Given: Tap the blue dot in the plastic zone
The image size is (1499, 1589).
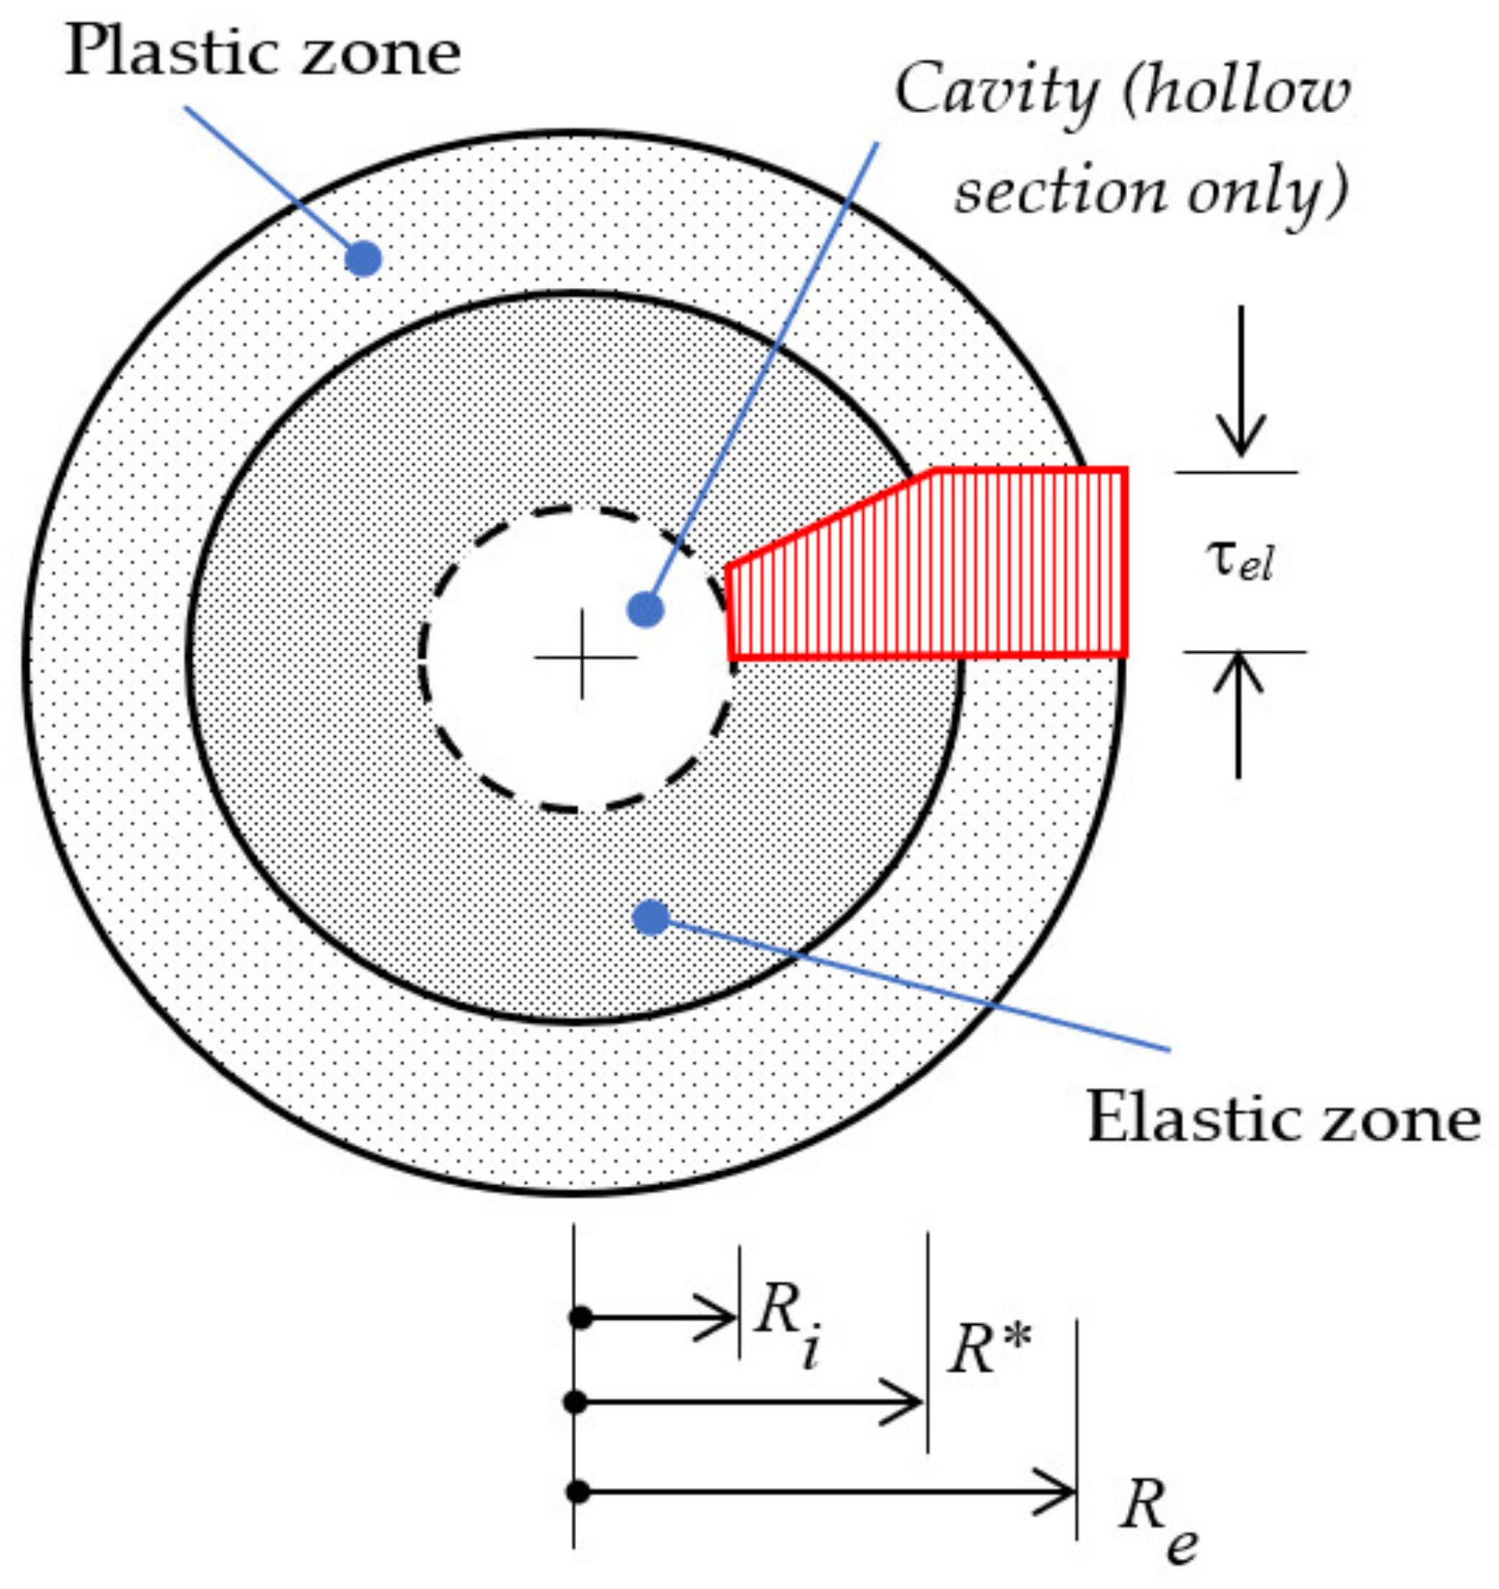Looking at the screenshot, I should (363, 259).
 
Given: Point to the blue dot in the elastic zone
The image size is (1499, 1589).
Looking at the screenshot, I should (650, 918).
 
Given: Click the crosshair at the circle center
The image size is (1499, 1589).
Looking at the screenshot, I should (583, 658).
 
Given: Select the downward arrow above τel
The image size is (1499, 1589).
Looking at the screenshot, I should (1240, 384).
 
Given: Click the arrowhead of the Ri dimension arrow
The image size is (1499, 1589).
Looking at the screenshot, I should (723, 1317).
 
